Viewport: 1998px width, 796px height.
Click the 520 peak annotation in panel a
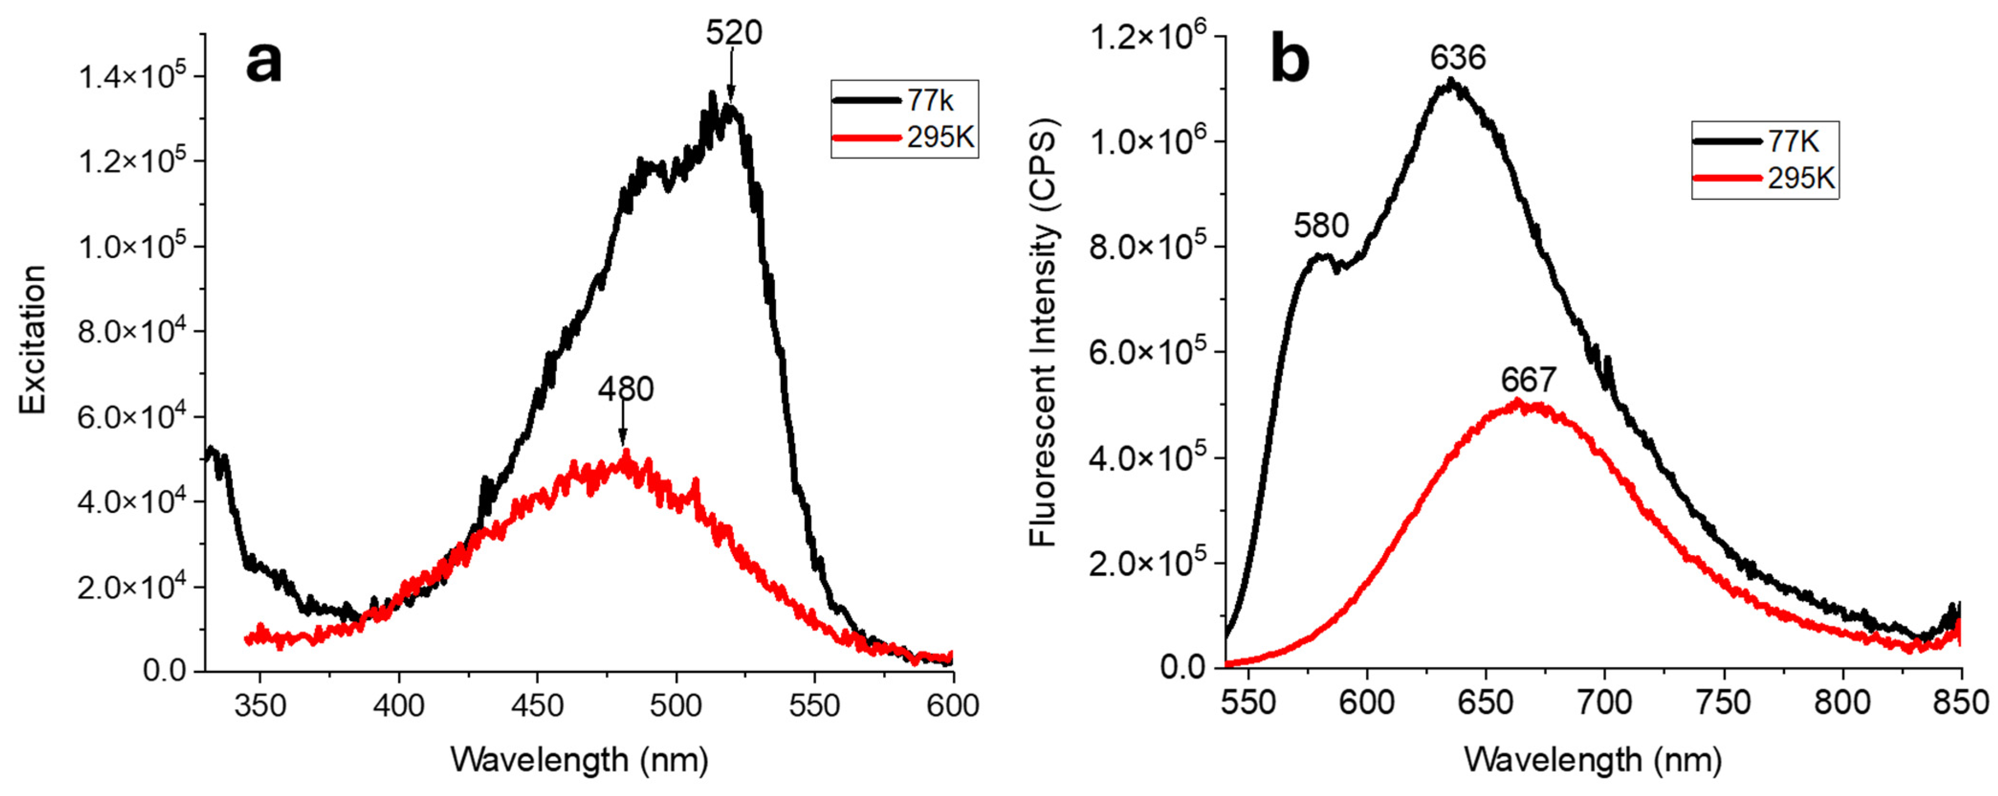point(733,33)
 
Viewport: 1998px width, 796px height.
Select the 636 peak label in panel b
point(1457,58)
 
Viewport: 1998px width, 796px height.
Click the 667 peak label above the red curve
point(1528,380)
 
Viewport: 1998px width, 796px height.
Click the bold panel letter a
point(264,62)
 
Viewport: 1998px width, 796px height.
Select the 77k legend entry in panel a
point(904,100)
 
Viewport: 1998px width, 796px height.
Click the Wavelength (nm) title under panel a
point(579,760)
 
